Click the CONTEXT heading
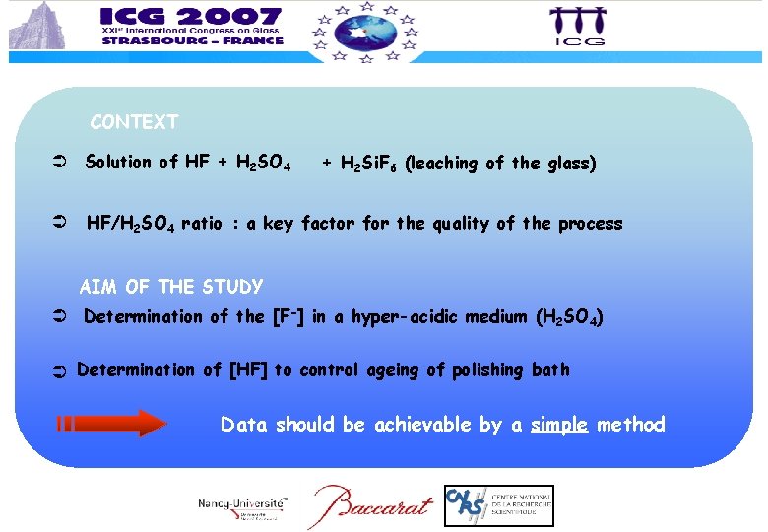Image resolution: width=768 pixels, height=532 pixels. pos(134,123)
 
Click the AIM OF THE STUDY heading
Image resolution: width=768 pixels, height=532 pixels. pos(170,288)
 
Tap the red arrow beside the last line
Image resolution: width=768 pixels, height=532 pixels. pos(112,424)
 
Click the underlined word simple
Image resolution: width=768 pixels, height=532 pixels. pos(559,425)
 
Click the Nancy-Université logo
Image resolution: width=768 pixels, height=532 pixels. pos(242,505)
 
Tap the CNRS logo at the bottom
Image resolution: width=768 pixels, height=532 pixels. pos(498,505)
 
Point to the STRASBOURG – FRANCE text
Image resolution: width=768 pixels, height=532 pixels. pos(191,41)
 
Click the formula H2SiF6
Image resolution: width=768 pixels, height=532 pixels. pos(369,165)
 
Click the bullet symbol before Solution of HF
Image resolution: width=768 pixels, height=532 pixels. pos(59,163)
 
